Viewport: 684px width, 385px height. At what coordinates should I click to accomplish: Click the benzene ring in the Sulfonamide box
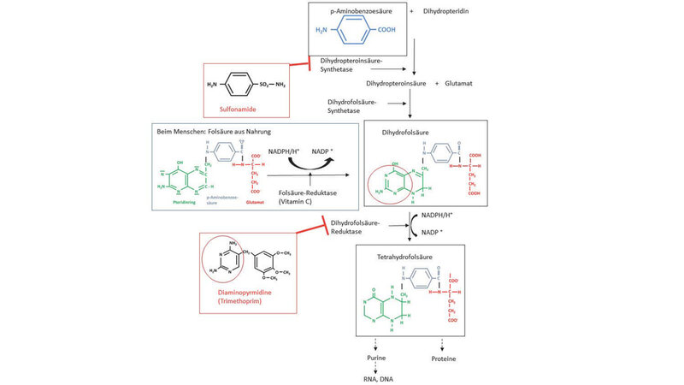pos(245,86)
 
